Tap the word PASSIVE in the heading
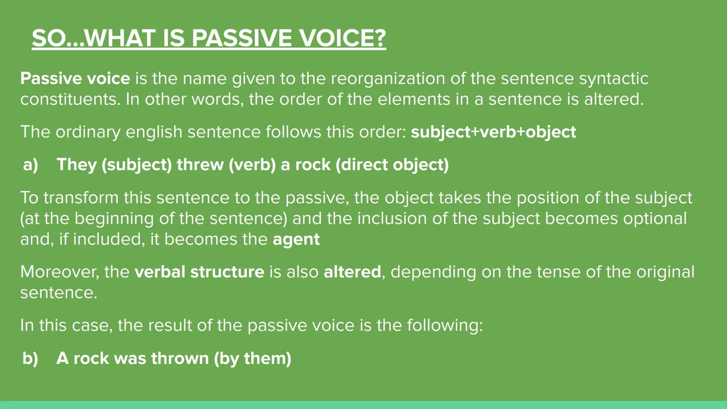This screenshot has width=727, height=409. [242, 38]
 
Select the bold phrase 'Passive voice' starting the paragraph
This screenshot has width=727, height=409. [75, 78]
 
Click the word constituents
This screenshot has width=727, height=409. [70, 99]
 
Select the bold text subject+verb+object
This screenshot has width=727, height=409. [493, 132]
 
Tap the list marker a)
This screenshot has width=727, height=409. [31, 165]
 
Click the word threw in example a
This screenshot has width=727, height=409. [200, 165]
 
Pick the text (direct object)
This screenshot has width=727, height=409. [392, 165]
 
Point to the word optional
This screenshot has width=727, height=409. [655, 219]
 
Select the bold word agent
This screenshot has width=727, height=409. [296, 239]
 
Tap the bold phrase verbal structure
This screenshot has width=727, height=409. [199, 272]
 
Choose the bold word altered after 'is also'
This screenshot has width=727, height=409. [352, 272]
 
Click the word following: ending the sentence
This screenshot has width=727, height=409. [445, 325]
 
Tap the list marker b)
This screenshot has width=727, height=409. [30, 358]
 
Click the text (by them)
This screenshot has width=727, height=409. [253, 358]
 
